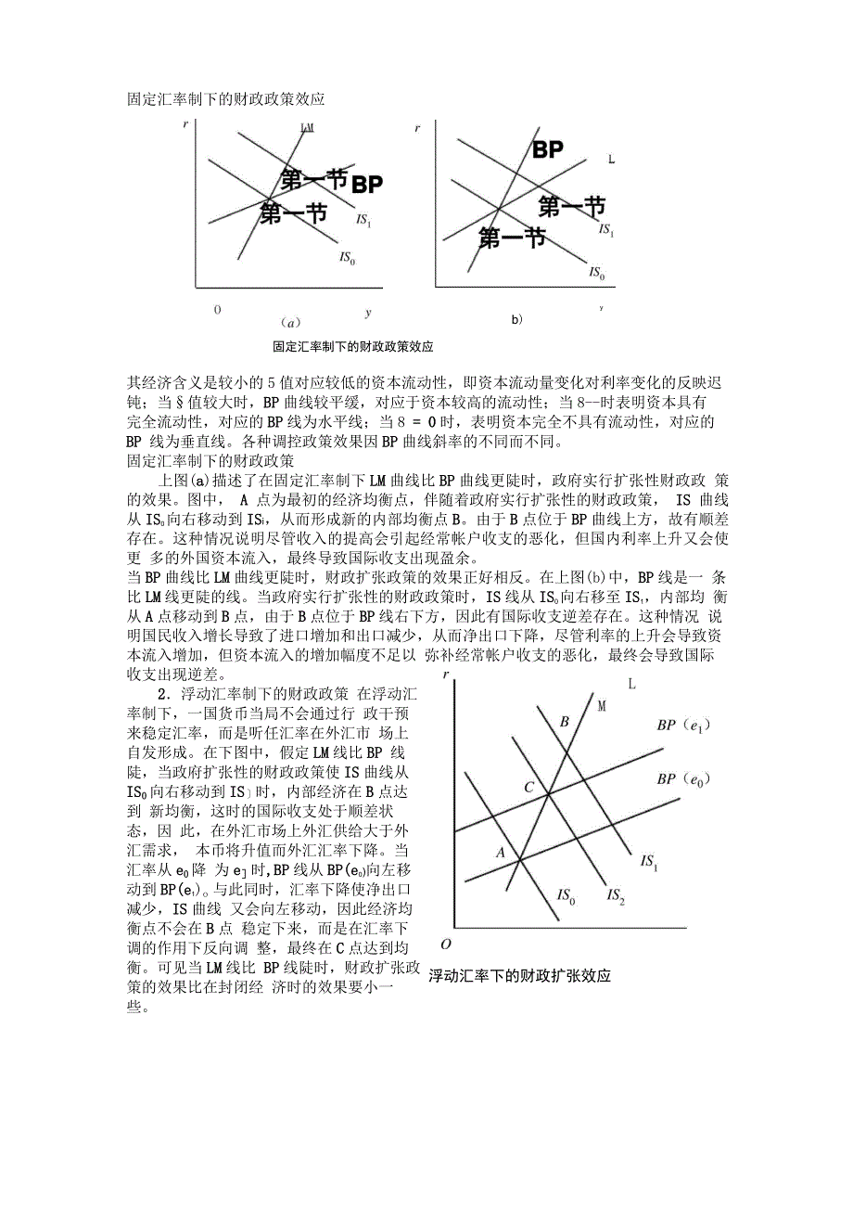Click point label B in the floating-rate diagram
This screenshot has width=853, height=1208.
pos(563,722)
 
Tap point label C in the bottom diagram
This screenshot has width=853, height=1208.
pos(528,788)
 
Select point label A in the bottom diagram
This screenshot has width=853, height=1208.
pos(500,852)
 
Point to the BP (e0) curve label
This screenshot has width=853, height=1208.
pos(681,779)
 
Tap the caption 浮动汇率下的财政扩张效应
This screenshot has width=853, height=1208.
pos(519,976)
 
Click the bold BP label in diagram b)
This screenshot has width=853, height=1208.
pos(548,150)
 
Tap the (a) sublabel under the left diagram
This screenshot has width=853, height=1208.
pos(290,323)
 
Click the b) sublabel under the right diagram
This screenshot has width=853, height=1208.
pos(516,319)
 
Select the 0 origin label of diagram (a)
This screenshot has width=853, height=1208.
pos(218,309)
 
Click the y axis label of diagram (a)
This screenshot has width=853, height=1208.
pos(367,312)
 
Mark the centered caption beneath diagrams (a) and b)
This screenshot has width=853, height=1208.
pos(353,347)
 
